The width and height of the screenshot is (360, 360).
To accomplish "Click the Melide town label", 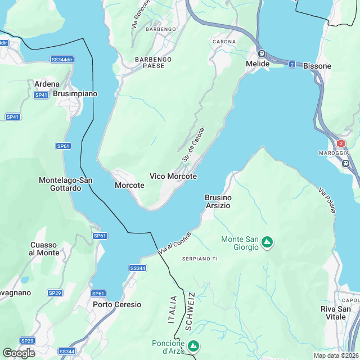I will [x=258, y=64].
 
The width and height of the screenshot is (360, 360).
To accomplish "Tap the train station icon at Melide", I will [x=262, y=54].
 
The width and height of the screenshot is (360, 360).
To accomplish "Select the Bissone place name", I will [x=317, y=66].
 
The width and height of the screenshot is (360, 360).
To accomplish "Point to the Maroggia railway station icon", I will [x=345, y=163].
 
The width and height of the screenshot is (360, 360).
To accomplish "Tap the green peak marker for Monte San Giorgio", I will [x=267, y=243].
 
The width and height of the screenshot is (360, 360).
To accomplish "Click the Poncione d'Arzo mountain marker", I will [x=193, y=345].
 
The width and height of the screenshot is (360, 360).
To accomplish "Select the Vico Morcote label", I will [x=173, y=176].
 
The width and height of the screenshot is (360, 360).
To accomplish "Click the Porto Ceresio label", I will [x=117, y=304].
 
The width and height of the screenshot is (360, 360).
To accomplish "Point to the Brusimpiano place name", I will [x=75, y=94].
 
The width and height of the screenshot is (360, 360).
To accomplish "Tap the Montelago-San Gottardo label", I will [x=65, y=184].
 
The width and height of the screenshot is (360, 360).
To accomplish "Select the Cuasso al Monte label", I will [x=44, y=249].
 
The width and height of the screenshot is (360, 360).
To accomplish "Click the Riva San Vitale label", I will [x=336, y=313].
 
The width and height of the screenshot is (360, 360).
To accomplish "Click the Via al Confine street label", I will [x=175, y=242].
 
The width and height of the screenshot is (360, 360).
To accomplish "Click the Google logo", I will [x=19, y=353].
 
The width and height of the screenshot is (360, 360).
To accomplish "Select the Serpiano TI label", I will [x=200, y=258].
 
